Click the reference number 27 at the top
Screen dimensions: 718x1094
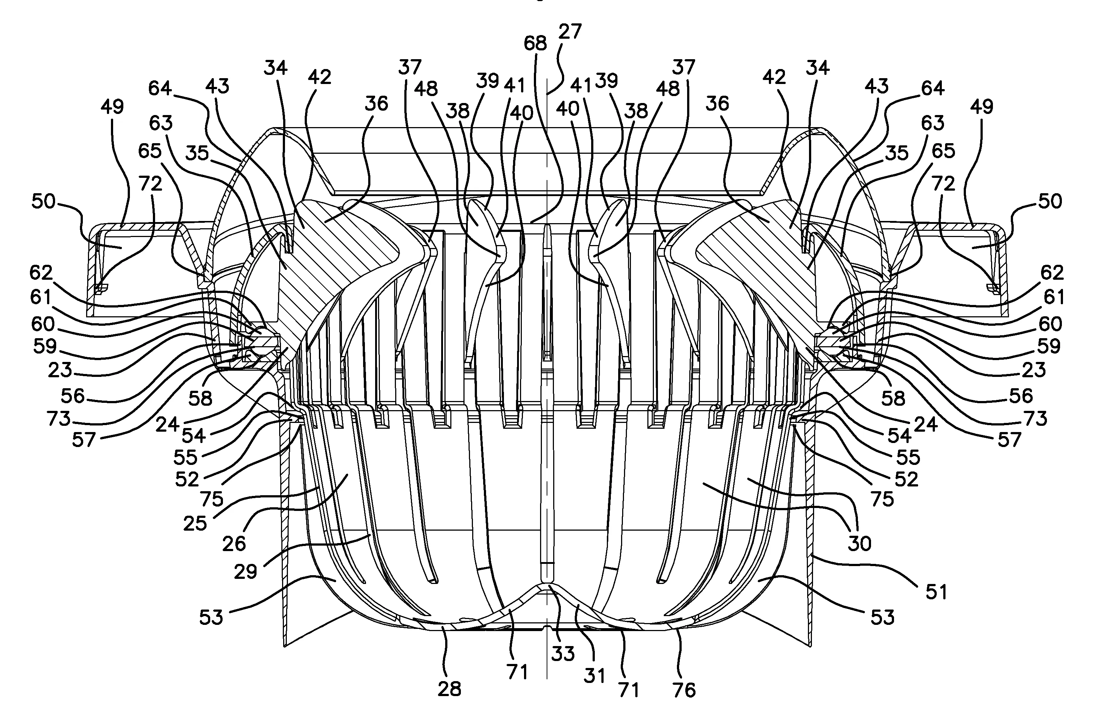point(570,32)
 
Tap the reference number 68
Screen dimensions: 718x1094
point(536,44)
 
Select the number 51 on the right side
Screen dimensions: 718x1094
point(936,592)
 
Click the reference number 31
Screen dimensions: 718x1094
point(594,676)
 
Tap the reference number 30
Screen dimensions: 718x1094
point(859,544)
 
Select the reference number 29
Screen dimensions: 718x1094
point(245,572)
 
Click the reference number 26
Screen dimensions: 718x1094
point(234,544)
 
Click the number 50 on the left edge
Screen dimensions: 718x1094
point(44,202)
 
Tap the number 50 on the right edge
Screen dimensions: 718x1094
point(1050,202)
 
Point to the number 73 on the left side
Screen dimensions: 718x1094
point(58,419)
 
